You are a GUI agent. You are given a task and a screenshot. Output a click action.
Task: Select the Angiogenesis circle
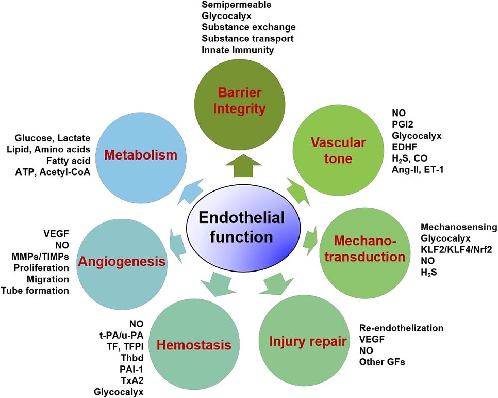pyautogui.click(x=122, y=263)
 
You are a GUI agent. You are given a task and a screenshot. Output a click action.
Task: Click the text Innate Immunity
pyautogui.click(x=238, y=50)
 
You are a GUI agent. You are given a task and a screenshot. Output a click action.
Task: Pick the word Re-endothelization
pyautogui.click(x=401, y=328)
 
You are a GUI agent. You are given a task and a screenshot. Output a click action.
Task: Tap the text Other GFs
pyautogui.click(x=382, y=362)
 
